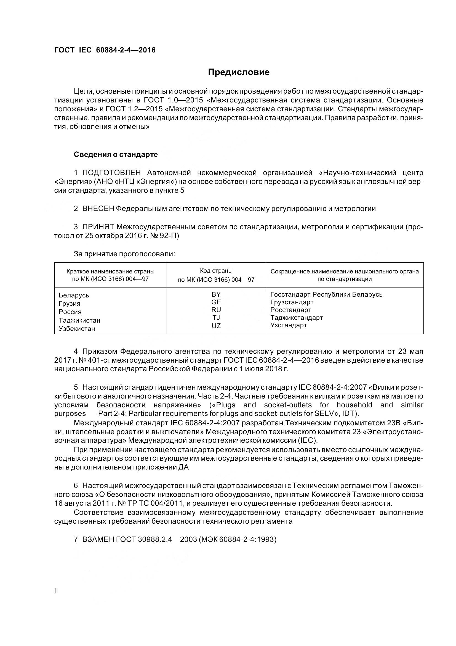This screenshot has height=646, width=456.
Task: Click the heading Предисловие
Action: (x=239, y=72)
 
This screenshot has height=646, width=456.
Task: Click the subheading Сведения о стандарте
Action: (x=116, y=154)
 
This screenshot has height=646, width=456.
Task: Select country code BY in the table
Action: (x=216, y=294)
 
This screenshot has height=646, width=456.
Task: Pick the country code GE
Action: (x=216, y=302)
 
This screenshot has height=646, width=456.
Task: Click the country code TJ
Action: (x=216, y=318)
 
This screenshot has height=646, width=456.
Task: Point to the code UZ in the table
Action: (x=216, y=326)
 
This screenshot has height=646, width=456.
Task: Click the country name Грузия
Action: (x=70, y=304)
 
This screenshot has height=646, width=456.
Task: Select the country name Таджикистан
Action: (x=79, y=320)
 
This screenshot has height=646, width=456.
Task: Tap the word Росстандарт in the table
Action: (x=290, y=310)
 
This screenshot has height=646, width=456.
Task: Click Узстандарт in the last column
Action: (x=288, y=325)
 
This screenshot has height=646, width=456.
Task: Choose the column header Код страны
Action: (x=216, y=271)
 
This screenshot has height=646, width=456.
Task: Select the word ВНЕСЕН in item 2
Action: (x=98, y=209)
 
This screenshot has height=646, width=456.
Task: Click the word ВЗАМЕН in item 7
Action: (x=98, y=540)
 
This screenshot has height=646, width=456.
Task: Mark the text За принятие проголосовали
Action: (x=124, y=254)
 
